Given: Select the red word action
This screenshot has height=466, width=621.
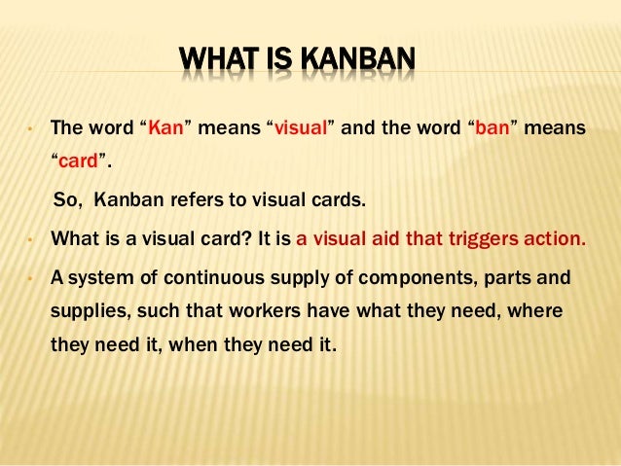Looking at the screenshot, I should pyautogui.click(x=554, y=238).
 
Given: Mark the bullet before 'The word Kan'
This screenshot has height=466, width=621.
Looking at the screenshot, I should pyautogui.click(x=30, y=128).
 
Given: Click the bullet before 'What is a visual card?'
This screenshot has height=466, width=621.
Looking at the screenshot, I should pyautogui.click(x=30, y=239).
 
